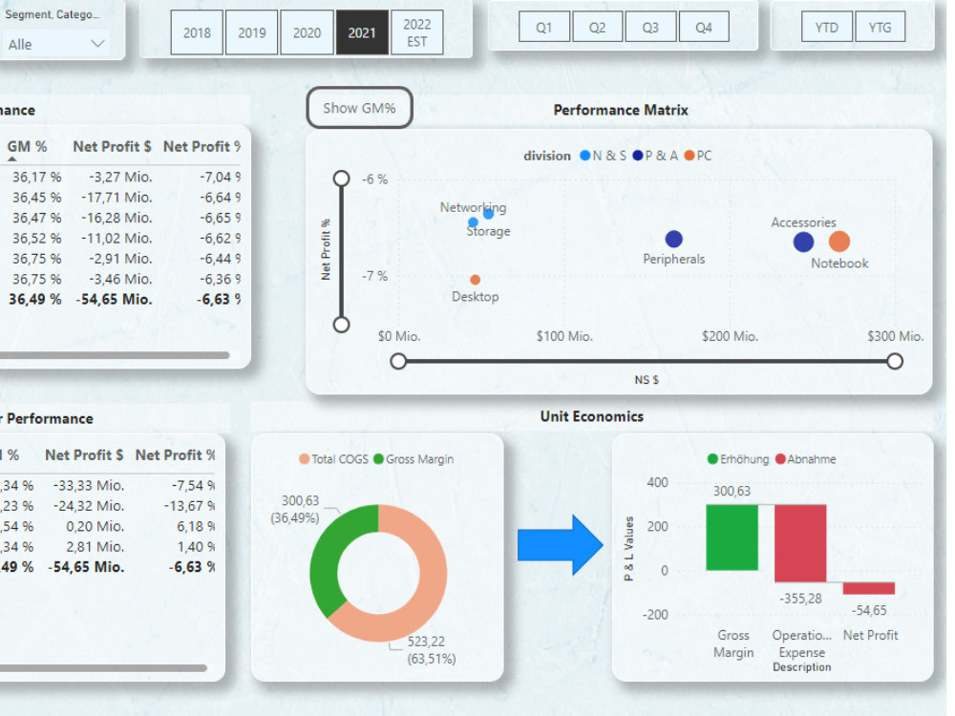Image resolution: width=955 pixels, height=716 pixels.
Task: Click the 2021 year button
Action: [x=362, y=33]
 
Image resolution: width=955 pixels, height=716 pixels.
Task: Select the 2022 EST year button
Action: [x=417, y=33]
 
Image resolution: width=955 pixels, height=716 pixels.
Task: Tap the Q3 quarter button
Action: [x=650, y=28]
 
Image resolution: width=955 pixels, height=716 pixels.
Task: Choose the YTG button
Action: [x=881, y=28]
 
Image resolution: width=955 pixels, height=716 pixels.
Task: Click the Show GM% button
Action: [x=359, y=109]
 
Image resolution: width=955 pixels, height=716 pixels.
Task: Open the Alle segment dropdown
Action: [x=57, y=44]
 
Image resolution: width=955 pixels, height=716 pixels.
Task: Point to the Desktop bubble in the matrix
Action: [x=476, y=280]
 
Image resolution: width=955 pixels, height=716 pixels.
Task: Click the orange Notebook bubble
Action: [x=838, y=242]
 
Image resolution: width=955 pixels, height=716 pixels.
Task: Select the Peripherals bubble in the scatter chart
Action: [x=674, y=240]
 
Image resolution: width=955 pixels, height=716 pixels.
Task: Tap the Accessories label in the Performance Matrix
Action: [x=803, y=222]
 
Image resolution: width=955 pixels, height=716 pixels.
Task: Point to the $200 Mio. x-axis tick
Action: [x=730, y=336]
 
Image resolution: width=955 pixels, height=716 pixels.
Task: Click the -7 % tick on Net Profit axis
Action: [x=375, y=276]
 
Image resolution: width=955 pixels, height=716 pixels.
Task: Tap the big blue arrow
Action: [x=560, y=545]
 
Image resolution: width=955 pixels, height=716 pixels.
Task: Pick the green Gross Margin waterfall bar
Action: [x=732, y=537]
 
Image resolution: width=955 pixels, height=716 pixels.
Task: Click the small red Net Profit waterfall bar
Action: [x=869, y=588]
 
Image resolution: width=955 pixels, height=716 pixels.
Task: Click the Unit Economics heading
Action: [x=592, y=416]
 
